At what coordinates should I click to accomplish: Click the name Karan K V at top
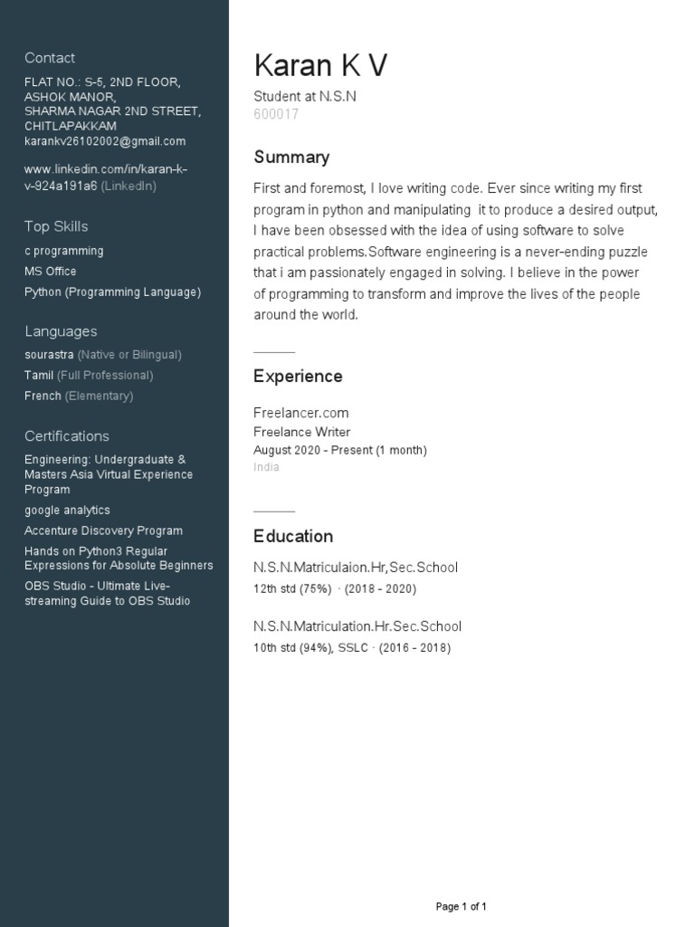tap(320, 66)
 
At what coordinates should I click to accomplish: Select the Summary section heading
tap(291, 158)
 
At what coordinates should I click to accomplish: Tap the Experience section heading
tap(298, 377)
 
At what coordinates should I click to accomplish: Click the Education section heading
tap(293, 536)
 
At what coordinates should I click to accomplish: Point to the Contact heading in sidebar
tap(50, 58)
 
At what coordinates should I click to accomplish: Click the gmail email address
tap(105, 141)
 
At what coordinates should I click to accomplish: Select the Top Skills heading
tap(56, 226)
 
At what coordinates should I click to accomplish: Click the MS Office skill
tap(51, 272)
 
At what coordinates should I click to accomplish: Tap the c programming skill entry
tap(64, 251)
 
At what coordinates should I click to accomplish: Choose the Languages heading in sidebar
tap(61, 331)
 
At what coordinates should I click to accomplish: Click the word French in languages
tap(43, 396)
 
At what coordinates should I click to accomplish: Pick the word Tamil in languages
tap(39, 375)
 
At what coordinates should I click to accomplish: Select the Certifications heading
tap(67, 436)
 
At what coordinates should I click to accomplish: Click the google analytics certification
tap(68, 511)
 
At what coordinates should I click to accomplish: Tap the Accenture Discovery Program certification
tap(104, 531)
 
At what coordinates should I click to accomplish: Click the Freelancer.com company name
tap(301, 413)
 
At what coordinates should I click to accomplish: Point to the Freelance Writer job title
tap(302, 432)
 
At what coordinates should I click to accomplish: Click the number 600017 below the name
tap(276, 115)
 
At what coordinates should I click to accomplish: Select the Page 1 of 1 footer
tap(462, 906)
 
